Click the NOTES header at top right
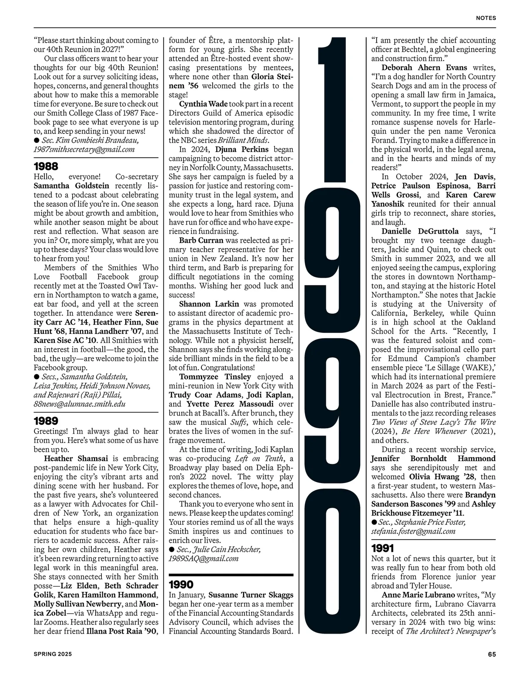[486, 18]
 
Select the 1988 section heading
[46, 166]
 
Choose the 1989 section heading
[46, 421]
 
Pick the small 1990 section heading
[181, 584]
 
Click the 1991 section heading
[383, 548]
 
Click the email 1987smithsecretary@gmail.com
[84, 149]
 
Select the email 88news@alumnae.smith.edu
[80, 404]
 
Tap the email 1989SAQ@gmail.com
[204, 558]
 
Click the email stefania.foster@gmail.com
[413, 531]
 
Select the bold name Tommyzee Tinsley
[215, 377]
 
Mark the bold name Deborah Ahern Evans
[424, 67]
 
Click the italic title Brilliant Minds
[246, 140]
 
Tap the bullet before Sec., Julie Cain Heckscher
[171, 549]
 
